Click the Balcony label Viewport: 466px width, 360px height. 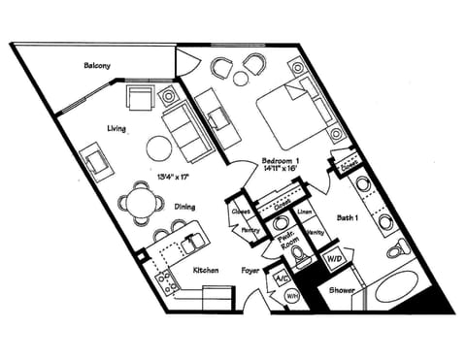[97, 67]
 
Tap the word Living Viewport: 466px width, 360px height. [118, 128]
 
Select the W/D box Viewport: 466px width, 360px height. [334, 259]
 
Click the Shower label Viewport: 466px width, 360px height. [341, 289]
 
